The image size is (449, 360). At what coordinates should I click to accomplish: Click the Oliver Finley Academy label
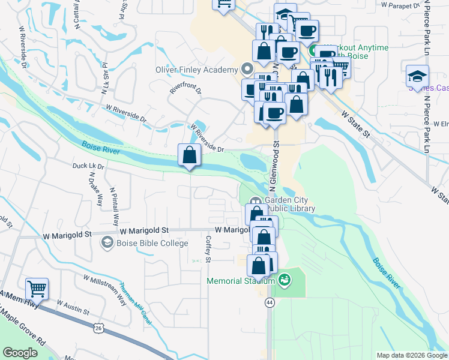coord(196,70)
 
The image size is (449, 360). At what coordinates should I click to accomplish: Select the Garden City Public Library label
coord(291,205)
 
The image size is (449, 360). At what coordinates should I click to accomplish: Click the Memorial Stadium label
coord(241,280)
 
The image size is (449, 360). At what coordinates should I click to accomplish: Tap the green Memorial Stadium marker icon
coord(285,279)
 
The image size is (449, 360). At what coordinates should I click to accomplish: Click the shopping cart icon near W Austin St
coord(37,289)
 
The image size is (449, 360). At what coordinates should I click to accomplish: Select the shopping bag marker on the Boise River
coord(190,155)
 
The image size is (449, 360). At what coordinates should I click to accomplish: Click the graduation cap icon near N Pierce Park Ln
coord(418,76)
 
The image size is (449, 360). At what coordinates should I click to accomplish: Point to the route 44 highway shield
coord(269,304)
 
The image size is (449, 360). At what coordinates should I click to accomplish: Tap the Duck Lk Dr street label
coord(88,166)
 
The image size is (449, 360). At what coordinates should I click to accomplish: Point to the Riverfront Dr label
coord(185,95)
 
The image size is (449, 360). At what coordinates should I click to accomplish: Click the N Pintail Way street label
coord(114,204)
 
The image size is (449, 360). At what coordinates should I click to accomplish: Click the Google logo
coord(20,353)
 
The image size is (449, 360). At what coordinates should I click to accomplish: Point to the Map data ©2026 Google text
coord(411,355)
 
